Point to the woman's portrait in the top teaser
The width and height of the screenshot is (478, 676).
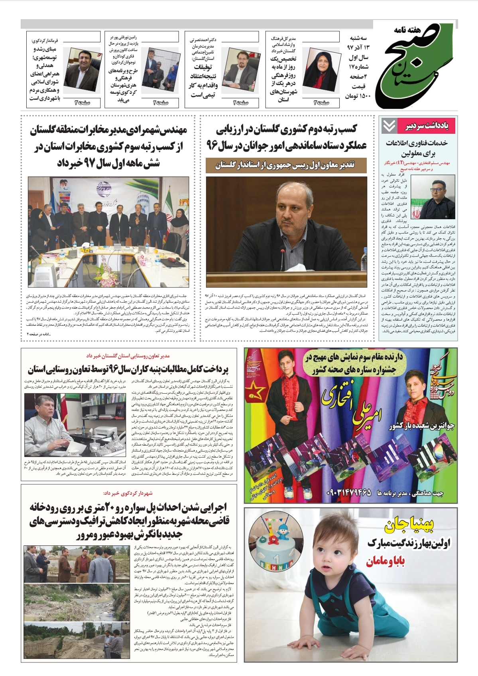pos(320,66)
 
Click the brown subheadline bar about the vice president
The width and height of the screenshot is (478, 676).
pos(286,165)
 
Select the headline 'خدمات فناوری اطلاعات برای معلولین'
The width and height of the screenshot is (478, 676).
pos(417,148)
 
